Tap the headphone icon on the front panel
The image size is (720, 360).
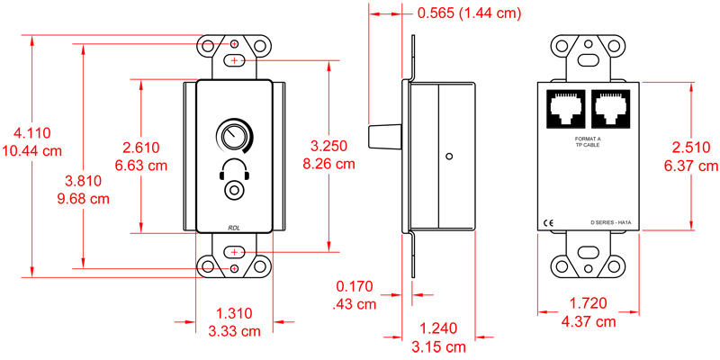[x=234, y=168]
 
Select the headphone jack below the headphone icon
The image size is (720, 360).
[x=234, y=191]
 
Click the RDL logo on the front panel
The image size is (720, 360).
[x=234, y=227]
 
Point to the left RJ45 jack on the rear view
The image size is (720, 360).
[x=564, y=109]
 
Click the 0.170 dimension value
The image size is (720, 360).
[x=353, y=287]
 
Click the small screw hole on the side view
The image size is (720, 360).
[x=447, y=156]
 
